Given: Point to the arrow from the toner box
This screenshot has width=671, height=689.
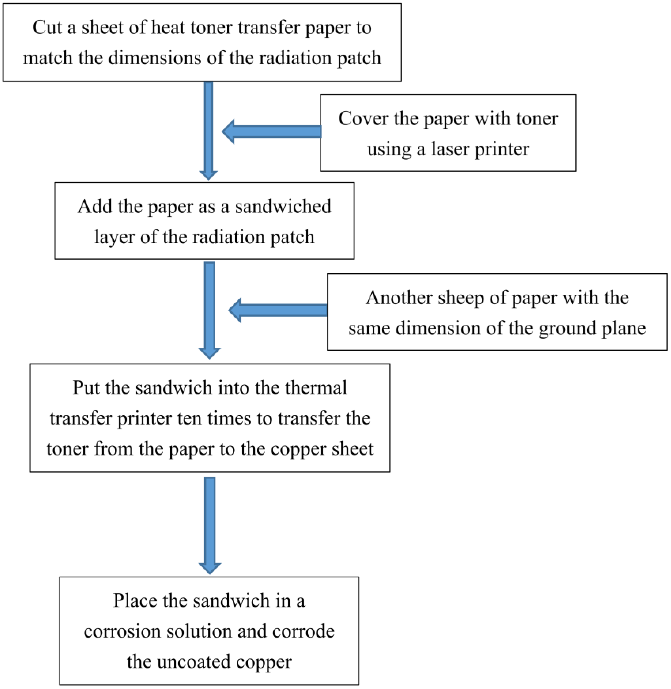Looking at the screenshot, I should coord(271,132).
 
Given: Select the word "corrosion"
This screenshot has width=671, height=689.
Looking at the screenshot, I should coord(122,631).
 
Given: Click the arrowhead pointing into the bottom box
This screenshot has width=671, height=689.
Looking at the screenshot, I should coord(210,568).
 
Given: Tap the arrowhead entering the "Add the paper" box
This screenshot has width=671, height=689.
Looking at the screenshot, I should coord(208,175).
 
